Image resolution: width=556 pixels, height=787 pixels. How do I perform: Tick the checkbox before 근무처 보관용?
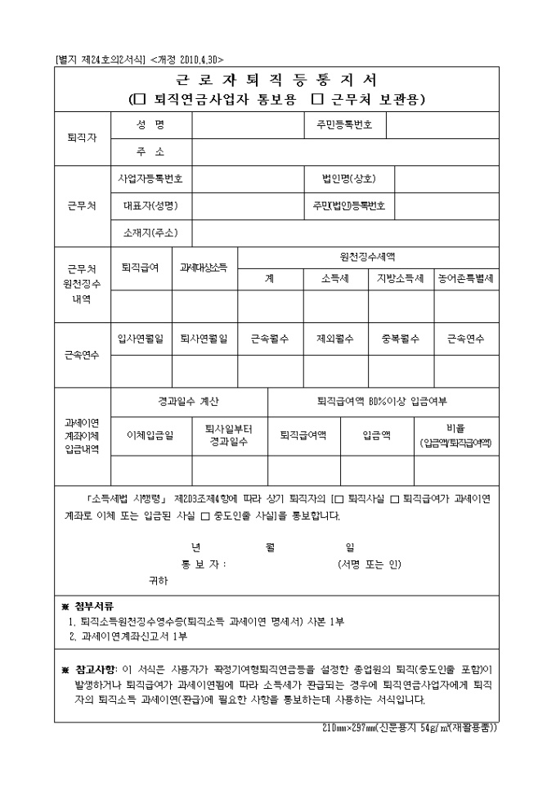pyautogui.click(x=320, y=99)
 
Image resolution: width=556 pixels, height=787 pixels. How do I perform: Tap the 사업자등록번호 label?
pyautogui.click(x=150, y=178)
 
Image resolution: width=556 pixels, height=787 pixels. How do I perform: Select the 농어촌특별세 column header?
pyautogui.click(x=465, y=278)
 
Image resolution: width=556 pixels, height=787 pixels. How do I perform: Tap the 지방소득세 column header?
pyautogui.click(x=400, y=278)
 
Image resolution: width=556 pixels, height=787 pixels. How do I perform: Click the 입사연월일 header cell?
pyautogui.click(x=141, y=339)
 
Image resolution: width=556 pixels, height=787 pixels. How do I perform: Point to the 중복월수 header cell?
pyautogui.click(x=400, y=339)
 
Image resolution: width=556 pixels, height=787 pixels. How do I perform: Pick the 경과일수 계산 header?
pyautogui.click(x=188, y=402)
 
